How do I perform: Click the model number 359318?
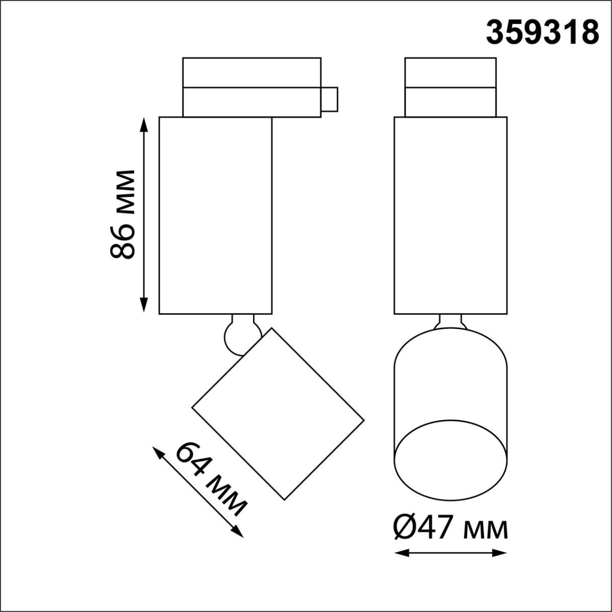[x=542, y=33]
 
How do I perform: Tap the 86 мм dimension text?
[x=122, y=214]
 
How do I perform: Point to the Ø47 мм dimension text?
[x=450, y=528]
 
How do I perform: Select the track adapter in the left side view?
[x=251, y=87]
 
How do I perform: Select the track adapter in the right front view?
[x=450, y=87]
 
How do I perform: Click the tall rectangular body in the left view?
[x=216, y=215]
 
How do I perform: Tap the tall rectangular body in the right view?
[x=450, y=215]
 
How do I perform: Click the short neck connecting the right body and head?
[x=450, y=321]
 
